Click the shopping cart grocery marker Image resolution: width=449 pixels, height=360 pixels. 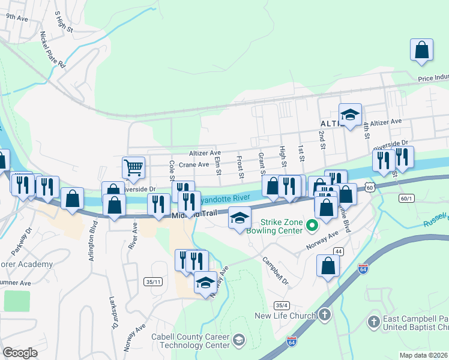[133, 167]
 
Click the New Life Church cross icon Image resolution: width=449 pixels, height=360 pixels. [325, 314]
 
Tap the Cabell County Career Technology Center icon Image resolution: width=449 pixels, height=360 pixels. [238, 340]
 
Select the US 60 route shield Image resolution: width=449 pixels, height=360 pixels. [370, 187]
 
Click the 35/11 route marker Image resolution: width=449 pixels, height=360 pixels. [154, 281]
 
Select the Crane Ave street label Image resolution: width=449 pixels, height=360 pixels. [193, 164]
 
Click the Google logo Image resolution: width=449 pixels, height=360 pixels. [20, 353]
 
